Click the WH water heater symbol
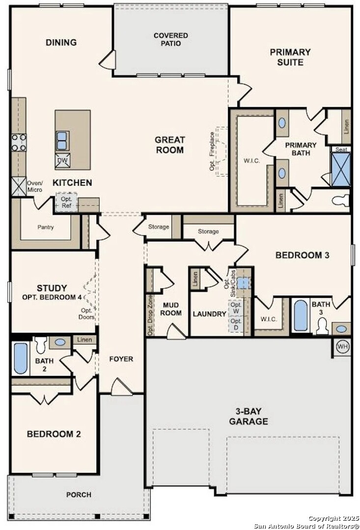[x=342, y=346]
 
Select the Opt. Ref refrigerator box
[x=67, y=202]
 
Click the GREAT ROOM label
[x=170, y=145]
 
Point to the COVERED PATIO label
[x=171, y=39]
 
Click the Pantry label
[x=45, y=227]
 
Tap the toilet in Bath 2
[x=41, y=344]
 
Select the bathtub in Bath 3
[x=301, y=316]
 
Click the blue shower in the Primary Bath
[x=341, y=170]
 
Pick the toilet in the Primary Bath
[x=340, y=201]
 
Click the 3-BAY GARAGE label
[x=249, y=417]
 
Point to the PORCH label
[x=79, y=495]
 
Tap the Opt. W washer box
[x=236, y=308]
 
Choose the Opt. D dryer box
[x=236, y=324]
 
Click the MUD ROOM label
[x=170, y=309]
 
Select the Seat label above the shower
[x=341, y=149]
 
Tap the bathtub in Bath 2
[x=20, y=358]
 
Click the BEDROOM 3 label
[x=303, y=255]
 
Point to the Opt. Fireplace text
[x=212, y=151]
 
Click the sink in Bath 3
[x=341, y=329]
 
